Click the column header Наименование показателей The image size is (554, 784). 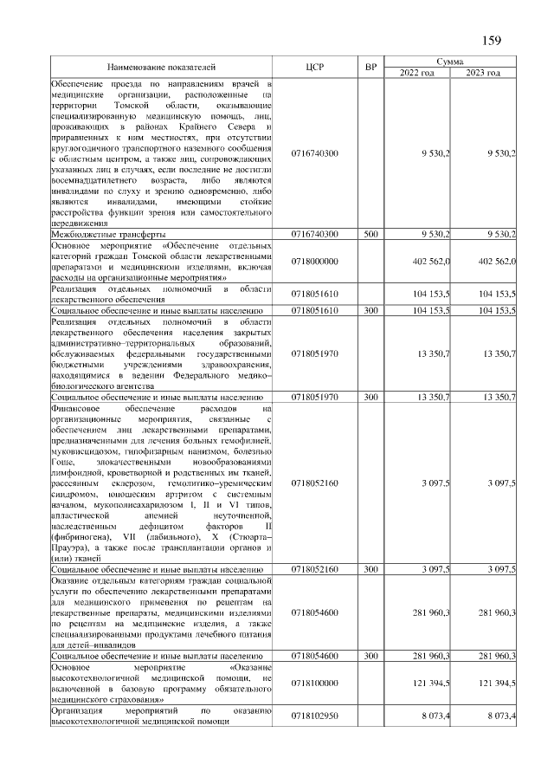tap(162, 68)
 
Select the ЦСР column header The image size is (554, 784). tap(315, 68)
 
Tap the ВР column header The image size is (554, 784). tap(370, 68)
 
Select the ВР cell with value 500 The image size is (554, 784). tap(370, 234)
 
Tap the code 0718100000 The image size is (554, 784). tap(315, 684)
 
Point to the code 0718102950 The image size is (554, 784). tap(315, 716)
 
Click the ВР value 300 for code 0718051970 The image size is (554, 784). tap(370, 397)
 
